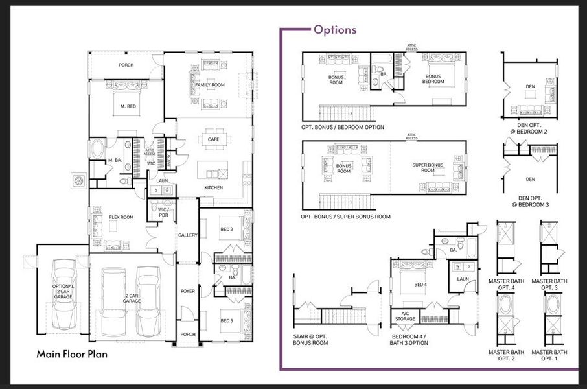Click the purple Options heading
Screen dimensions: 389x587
coord(334,30)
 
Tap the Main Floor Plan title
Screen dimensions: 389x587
coord(71,354)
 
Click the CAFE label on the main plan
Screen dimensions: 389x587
coord(213,139)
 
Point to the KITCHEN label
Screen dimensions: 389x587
coord(214,188)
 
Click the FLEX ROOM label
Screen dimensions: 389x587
coord(121,217)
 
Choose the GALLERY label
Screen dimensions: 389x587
coord(187,235)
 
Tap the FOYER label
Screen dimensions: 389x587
coord(187,292)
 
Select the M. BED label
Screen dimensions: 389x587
coord(127,106)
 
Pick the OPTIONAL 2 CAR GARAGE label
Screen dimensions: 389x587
coord(63,291)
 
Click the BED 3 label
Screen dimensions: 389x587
coord(226,321)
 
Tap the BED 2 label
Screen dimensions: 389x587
coord(226,229)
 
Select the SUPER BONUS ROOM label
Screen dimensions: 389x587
coord(428,168)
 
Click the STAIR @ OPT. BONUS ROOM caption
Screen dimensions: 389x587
coord(310,339)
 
